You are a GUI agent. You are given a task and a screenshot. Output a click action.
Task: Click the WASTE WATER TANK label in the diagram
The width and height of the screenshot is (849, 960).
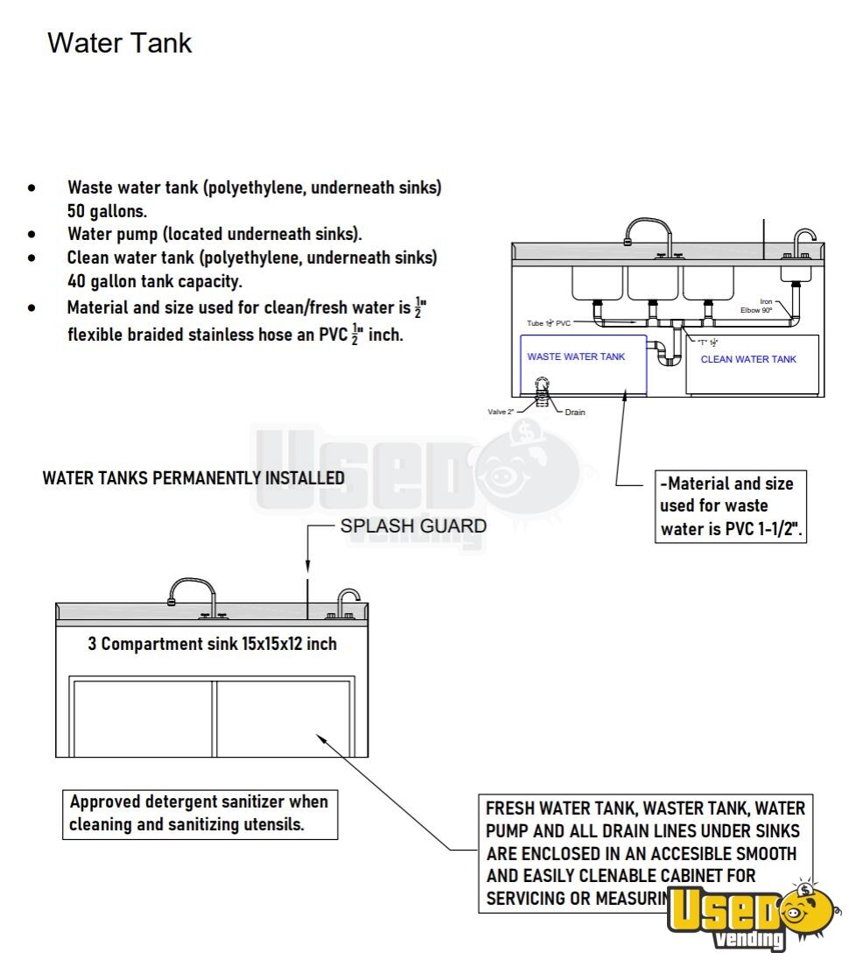[575, 356]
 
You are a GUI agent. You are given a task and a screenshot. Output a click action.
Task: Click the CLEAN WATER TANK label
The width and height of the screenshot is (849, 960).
[748, 359]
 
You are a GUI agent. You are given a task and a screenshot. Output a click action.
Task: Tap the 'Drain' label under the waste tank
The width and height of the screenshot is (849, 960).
[575, 412]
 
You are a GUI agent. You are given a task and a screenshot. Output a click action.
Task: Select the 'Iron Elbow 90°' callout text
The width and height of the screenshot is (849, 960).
[757, 306]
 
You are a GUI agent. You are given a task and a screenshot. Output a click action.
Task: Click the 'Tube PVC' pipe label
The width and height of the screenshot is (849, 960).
[548, 323]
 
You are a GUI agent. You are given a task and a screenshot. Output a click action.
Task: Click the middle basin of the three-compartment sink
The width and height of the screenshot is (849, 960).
[653, 283]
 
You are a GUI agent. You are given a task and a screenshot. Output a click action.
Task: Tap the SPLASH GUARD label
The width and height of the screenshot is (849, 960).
[412, 526]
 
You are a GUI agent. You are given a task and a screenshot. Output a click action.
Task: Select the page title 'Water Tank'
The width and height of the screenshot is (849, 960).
[119, 42]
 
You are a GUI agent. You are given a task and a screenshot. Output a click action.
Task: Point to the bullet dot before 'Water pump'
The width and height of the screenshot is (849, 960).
[32, 235]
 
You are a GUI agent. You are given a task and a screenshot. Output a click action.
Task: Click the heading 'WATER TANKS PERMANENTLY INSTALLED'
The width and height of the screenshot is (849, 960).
[193, 478]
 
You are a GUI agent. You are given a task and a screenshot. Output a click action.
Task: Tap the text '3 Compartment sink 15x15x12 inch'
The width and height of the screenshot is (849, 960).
[212, 644]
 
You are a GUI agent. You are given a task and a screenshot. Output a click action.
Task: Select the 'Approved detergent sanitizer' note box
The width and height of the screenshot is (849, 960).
[200, 813]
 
